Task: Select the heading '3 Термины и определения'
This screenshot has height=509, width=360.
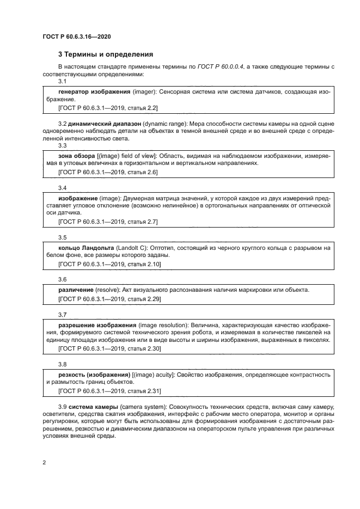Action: pyautogui.click(x=105, y=54)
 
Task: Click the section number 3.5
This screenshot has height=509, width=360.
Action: pyautogui.click(x=62, y=237)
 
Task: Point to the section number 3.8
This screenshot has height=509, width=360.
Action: pyautogui.click(x=62, y=364)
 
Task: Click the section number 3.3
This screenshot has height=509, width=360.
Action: pyautogui.click(x=62, y=145)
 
